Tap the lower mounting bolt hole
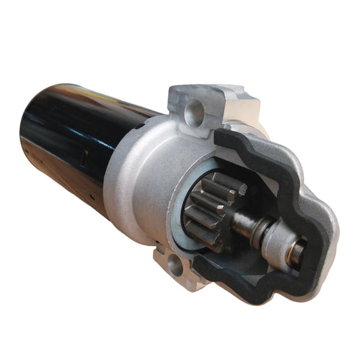coord(174,265)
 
